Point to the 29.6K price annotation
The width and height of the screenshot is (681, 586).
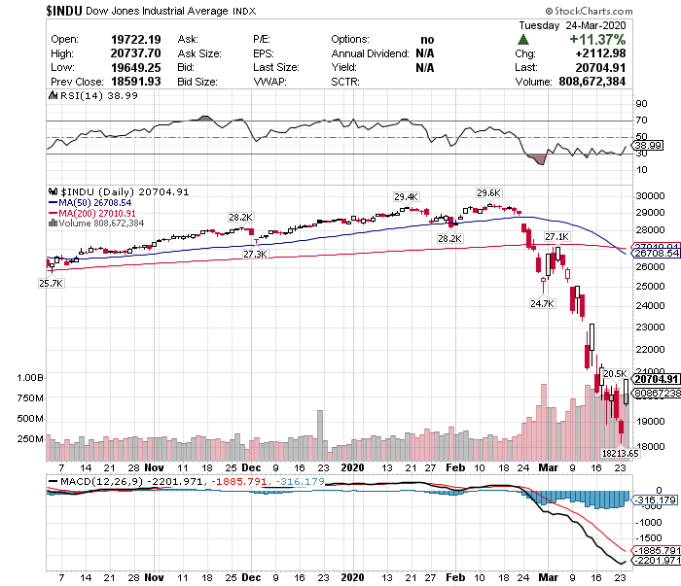point(487,192)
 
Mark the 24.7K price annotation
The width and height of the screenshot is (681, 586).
point(542,303)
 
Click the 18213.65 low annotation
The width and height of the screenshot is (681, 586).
point(620,453)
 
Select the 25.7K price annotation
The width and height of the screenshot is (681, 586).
point(51,283)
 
